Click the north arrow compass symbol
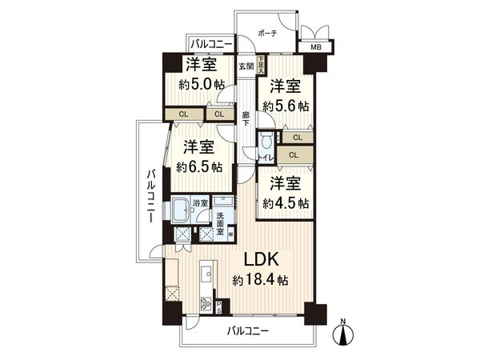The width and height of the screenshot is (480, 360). tap(343, 333)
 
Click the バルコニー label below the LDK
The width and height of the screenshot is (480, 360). tap(247, 330)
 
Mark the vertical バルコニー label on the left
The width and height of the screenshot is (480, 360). tap(150, 199)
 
